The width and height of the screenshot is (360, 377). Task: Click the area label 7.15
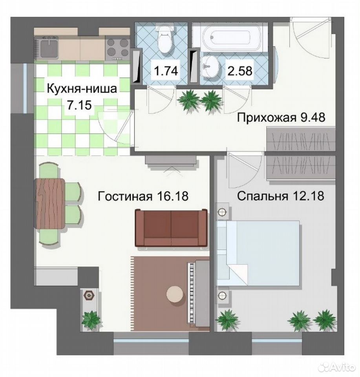(x=80, y=105)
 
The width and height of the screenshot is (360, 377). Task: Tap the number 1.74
(x=166, y=71)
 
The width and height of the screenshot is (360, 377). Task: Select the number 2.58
(x=240, y=71)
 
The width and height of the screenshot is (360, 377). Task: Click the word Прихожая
(x=267, y=118)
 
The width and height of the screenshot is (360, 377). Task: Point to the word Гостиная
(x=125, y=196)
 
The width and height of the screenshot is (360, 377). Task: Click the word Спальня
(x=263, y=196)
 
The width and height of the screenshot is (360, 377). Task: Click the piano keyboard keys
(x=191, y=293)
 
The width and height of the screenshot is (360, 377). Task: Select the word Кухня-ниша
(x=82, y=89)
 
